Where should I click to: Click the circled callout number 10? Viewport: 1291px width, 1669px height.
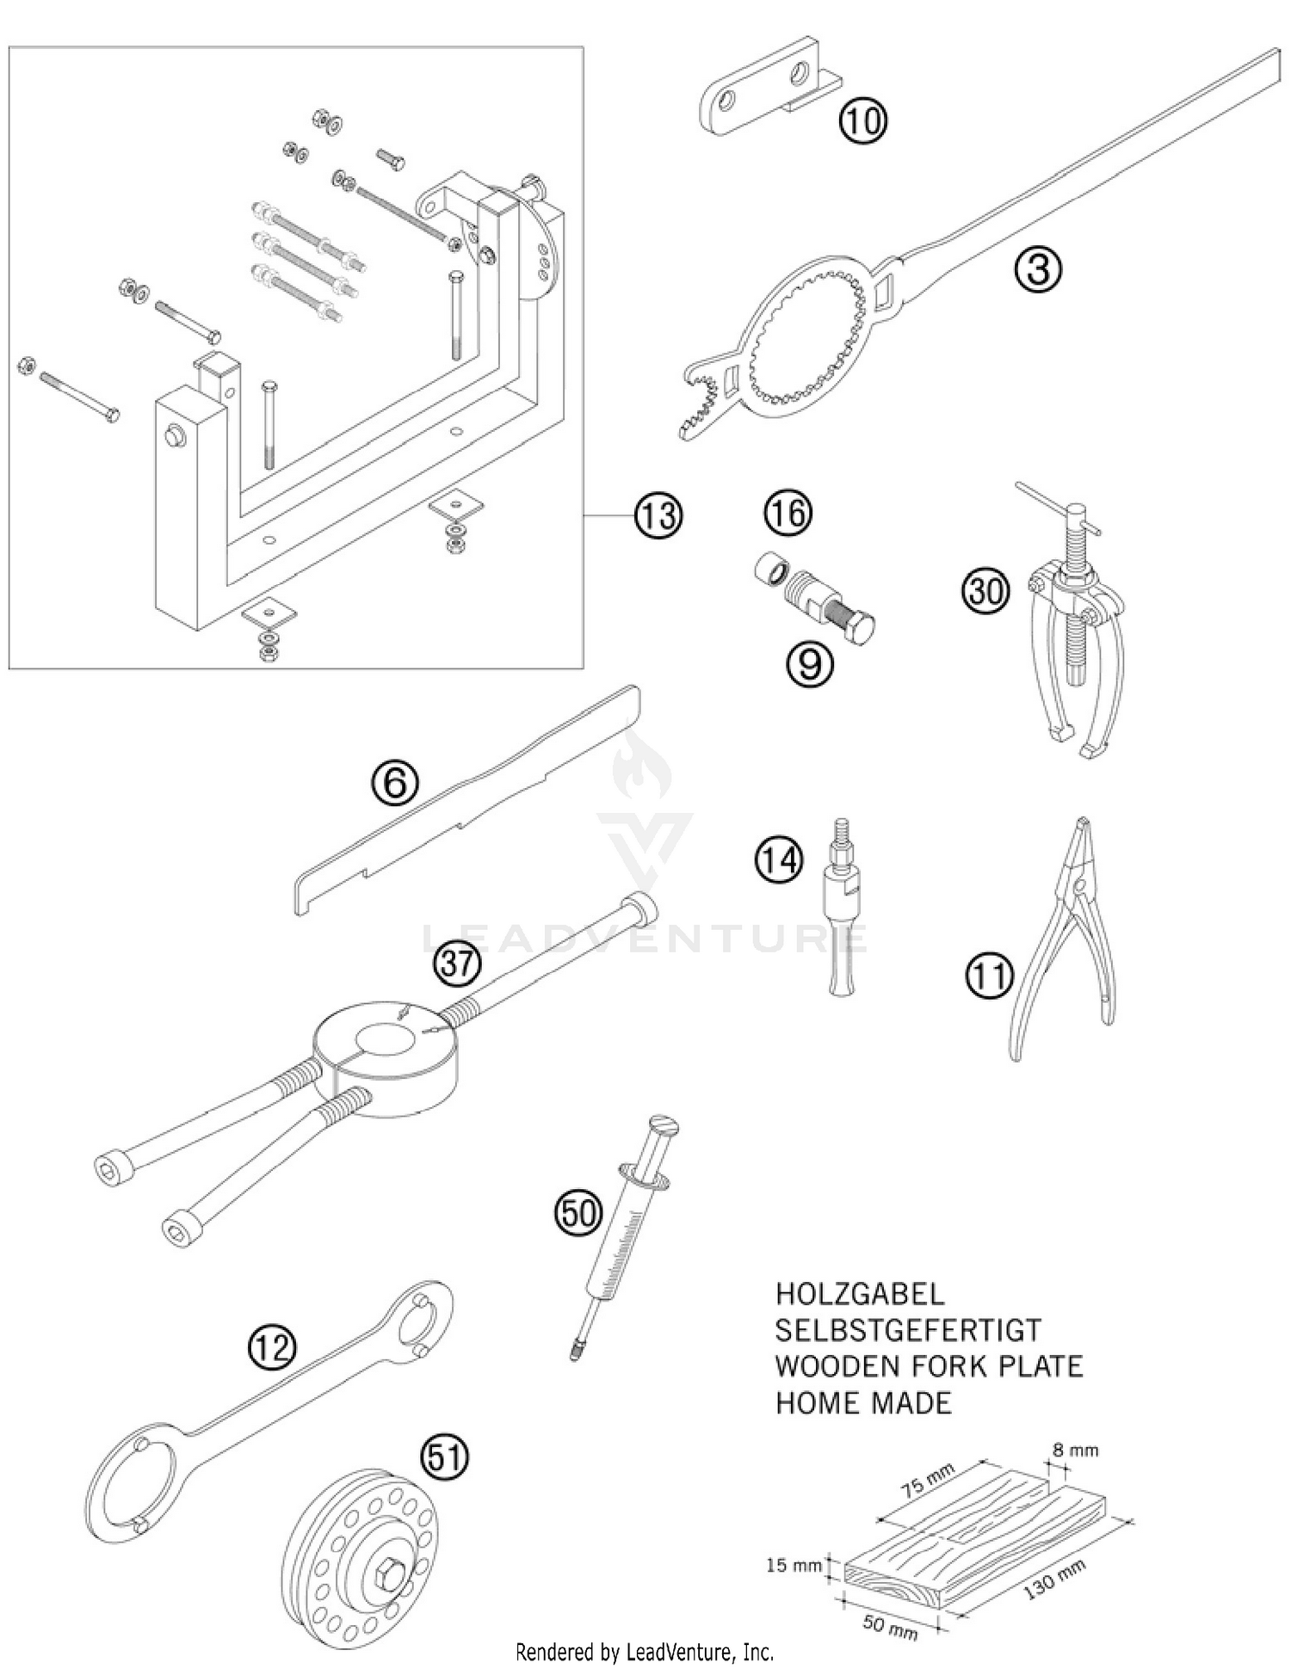click(863, 120)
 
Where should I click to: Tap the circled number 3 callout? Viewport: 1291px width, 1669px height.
click(1039, 270)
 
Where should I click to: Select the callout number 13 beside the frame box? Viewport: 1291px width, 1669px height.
click(658, 515)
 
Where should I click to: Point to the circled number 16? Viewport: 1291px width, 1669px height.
click(788, 514)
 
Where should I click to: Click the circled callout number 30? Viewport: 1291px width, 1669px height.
click(985, 592)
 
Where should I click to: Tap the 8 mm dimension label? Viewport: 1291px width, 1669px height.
click(1075, 1450)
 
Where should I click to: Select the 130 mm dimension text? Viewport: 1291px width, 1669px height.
click(1055, 1580)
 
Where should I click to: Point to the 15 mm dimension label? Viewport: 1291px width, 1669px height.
click(794, 1565)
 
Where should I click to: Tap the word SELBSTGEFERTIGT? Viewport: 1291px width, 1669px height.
click(907, 1330)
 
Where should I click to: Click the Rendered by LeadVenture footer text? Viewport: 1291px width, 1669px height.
click(644, 1652)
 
